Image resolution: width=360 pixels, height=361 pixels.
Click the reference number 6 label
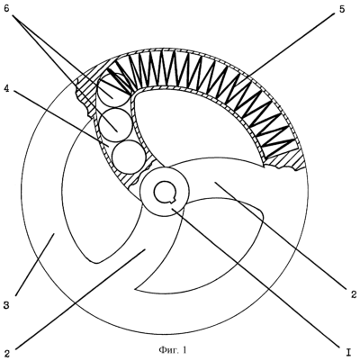pyautogui.click(x=7, y=9)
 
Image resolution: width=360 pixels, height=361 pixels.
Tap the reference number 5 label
pyautogui.click(x=342, y=9)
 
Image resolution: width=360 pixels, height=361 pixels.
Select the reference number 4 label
pyautogui.click(x=7, y=88)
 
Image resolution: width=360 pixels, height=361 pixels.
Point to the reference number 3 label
pyautogui.click(x=7, y=306)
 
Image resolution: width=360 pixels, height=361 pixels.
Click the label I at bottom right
pyautogui.click(x=349, y=351)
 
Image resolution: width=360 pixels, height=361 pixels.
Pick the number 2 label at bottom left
pyautogui.click(x=7, y=354)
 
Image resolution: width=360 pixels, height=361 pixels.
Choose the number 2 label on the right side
pyautogui.click(x=354, y=293)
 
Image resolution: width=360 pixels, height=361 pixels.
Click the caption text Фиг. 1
pyautogui.click(x=173, y=350)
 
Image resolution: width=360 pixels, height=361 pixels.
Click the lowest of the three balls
pyautogui.click(x=129, y=157)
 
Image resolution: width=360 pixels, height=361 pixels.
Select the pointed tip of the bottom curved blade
pyautogui.click(x=136, y=290)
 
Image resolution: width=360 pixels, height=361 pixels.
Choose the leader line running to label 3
pyautogui.click(x=34, y=265)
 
